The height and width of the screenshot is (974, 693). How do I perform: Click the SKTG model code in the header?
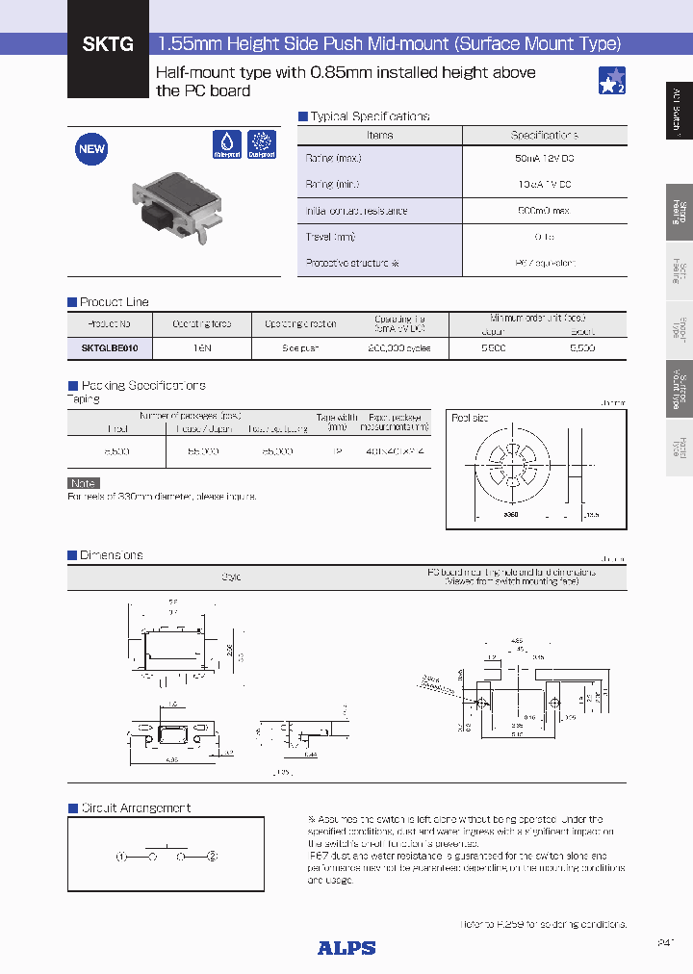click(x=108, y=43)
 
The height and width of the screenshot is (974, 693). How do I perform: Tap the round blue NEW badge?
click(x=91, y=149)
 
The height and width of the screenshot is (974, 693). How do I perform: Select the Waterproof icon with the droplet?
click(x=226, y=144)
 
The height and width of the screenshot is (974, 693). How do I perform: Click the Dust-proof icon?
click(x=262, y=144)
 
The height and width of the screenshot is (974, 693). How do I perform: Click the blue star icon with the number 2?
click(x=612, y=81)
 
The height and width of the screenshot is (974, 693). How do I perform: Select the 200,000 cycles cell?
click(x=398, y=347)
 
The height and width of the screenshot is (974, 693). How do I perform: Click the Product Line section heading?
click(x=114, y=302)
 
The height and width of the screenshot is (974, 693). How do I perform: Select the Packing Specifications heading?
click(x=141, y=385)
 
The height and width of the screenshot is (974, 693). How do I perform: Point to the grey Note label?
click(x=84, y=483)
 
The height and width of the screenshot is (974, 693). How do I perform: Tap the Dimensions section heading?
click(x=111, y=555)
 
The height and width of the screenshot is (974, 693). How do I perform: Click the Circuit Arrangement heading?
click(x=135, y=807)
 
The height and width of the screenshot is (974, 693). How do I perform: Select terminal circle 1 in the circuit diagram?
click(x=122, y=856)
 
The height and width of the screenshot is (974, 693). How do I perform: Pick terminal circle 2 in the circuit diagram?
click(x=213, y=856)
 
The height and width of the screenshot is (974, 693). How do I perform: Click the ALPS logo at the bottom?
click(x=346, y=948)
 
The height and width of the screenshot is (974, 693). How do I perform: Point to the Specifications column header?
click(x=544, y=136)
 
